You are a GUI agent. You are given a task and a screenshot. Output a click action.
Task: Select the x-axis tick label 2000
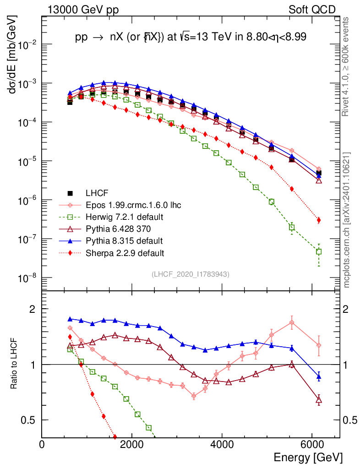[132, 444]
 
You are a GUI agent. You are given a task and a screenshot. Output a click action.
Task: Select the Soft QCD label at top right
[312, 10]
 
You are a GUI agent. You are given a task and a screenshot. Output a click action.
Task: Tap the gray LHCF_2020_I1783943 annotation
[190, 274]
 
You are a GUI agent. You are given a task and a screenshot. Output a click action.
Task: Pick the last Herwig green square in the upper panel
[319, 251]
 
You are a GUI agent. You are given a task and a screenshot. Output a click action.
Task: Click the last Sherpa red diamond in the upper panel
[319, 220]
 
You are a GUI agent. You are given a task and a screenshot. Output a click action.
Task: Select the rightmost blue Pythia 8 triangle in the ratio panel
[319, 377]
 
